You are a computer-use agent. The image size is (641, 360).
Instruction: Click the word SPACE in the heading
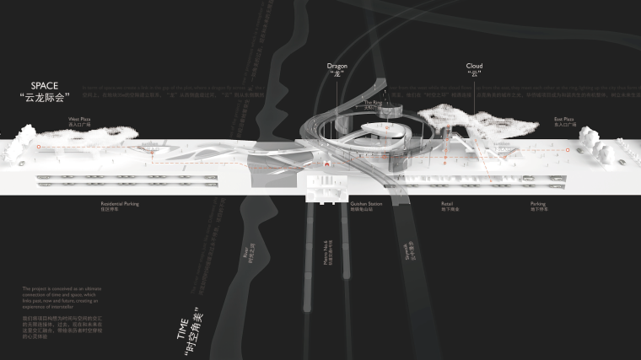[43, 86]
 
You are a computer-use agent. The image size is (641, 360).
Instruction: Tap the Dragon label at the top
[337, 65]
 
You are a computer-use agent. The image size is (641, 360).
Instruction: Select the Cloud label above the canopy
[474, 65]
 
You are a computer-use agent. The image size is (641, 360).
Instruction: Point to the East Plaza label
[564, 121]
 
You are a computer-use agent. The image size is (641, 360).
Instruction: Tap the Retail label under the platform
[447, 203]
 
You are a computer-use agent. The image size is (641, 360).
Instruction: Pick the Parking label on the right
[538, 203]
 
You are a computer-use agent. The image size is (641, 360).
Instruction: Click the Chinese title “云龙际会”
[43, 99]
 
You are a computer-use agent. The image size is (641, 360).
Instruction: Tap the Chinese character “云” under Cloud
[474, 75]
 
